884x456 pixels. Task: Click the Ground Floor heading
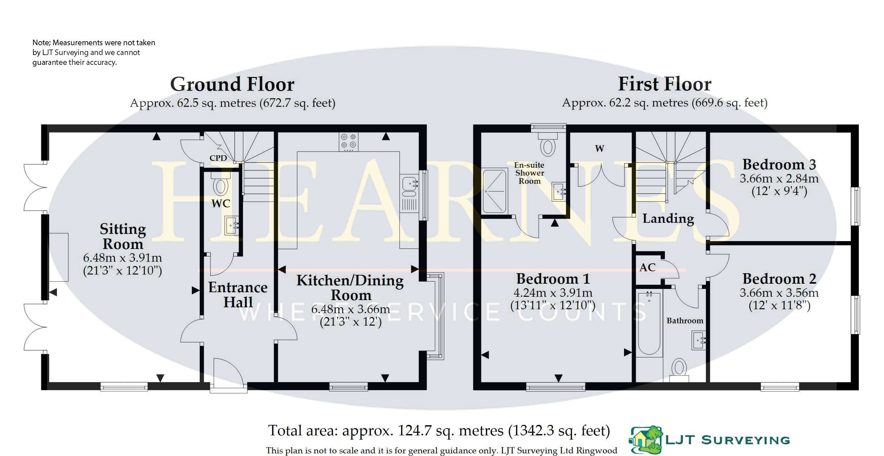pyautogui.click(x=232, y=84)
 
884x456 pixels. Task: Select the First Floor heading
pyautogui.click(x=665, y=84)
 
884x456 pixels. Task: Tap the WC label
pyautogui.click(x=221, y=203)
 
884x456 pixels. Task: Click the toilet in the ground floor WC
pyautogui.click(x=221, y=184)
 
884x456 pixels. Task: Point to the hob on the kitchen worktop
pyautogui.click(x=349, y=142)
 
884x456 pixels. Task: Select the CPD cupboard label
pyautogui.click(x=218, y=158)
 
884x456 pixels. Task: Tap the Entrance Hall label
pyautogui.click(x=238, y=294)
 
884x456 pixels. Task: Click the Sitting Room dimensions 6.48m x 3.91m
pyautogui.click(x=122, y=257)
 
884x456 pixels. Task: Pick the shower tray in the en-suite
pyautogui.click(x=495, y=191)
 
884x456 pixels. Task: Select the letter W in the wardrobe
pyautogui.click(x=599, y=148)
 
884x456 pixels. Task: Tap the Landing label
pyautogui.click(x=668, y=219)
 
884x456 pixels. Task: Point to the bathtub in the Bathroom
pyautogui.click(x=649, y=323)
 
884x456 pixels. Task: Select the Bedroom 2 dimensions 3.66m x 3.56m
pyautogui.click(x=779, y=293)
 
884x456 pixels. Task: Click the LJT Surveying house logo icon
pyautogui.click(x=646, y=440)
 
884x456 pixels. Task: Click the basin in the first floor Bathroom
pyautogui.click(x=699, y=340)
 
